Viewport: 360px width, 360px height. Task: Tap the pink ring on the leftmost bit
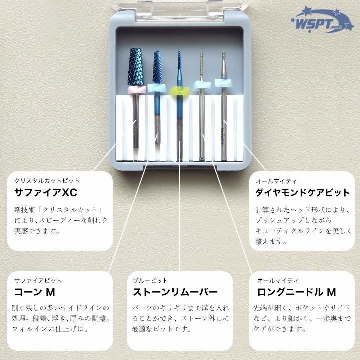(136, 89)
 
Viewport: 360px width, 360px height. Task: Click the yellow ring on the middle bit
(179, 91)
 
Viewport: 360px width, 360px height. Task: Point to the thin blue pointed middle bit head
(179, 67)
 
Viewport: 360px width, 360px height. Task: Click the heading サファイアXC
(46, 193)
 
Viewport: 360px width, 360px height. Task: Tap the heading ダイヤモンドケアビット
(303, 193)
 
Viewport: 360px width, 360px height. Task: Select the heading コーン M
(34, 292)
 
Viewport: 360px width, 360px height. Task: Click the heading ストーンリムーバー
(175, 292)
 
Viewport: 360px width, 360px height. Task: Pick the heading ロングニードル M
(296, 292)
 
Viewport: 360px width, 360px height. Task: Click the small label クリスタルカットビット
(47, 181)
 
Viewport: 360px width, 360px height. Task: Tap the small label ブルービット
(150, 281)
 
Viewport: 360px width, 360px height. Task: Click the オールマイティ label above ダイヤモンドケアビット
(276, 181)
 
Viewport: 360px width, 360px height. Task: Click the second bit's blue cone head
(157, 67)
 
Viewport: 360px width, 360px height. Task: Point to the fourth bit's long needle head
(202, 62)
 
